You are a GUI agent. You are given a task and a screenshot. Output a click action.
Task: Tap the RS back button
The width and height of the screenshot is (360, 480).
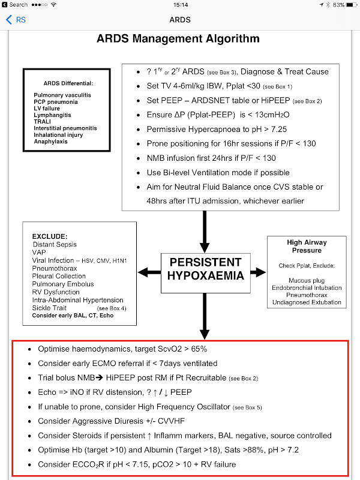coord(16,20)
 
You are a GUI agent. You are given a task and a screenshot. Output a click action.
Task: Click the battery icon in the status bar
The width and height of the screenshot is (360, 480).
coord(352,5)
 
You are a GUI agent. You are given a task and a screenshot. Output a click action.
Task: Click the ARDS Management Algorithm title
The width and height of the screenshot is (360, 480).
coord(178,39)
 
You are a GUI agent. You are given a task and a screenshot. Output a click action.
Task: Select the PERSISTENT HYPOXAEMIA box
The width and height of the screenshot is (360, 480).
coord(205,272)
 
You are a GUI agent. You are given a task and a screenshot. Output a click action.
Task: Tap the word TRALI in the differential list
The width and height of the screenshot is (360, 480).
coord(43,121)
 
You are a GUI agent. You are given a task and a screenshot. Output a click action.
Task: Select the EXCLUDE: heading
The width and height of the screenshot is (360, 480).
coord(50,236)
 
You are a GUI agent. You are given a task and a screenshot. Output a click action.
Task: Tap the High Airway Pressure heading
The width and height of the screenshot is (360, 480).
coord(306,246)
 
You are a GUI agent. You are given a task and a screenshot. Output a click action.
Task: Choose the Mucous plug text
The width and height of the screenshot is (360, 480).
coord(306,280)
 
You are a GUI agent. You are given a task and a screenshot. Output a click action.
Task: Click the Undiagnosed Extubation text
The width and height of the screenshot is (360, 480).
coord(306,302)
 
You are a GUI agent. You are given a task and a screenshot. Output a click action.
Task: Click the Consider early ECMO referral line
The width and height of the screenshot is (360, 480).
coord(127,363)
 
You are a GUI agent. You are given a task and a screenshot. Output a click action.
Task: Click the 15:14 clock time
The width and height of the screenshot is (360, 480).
coord(180,5)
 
